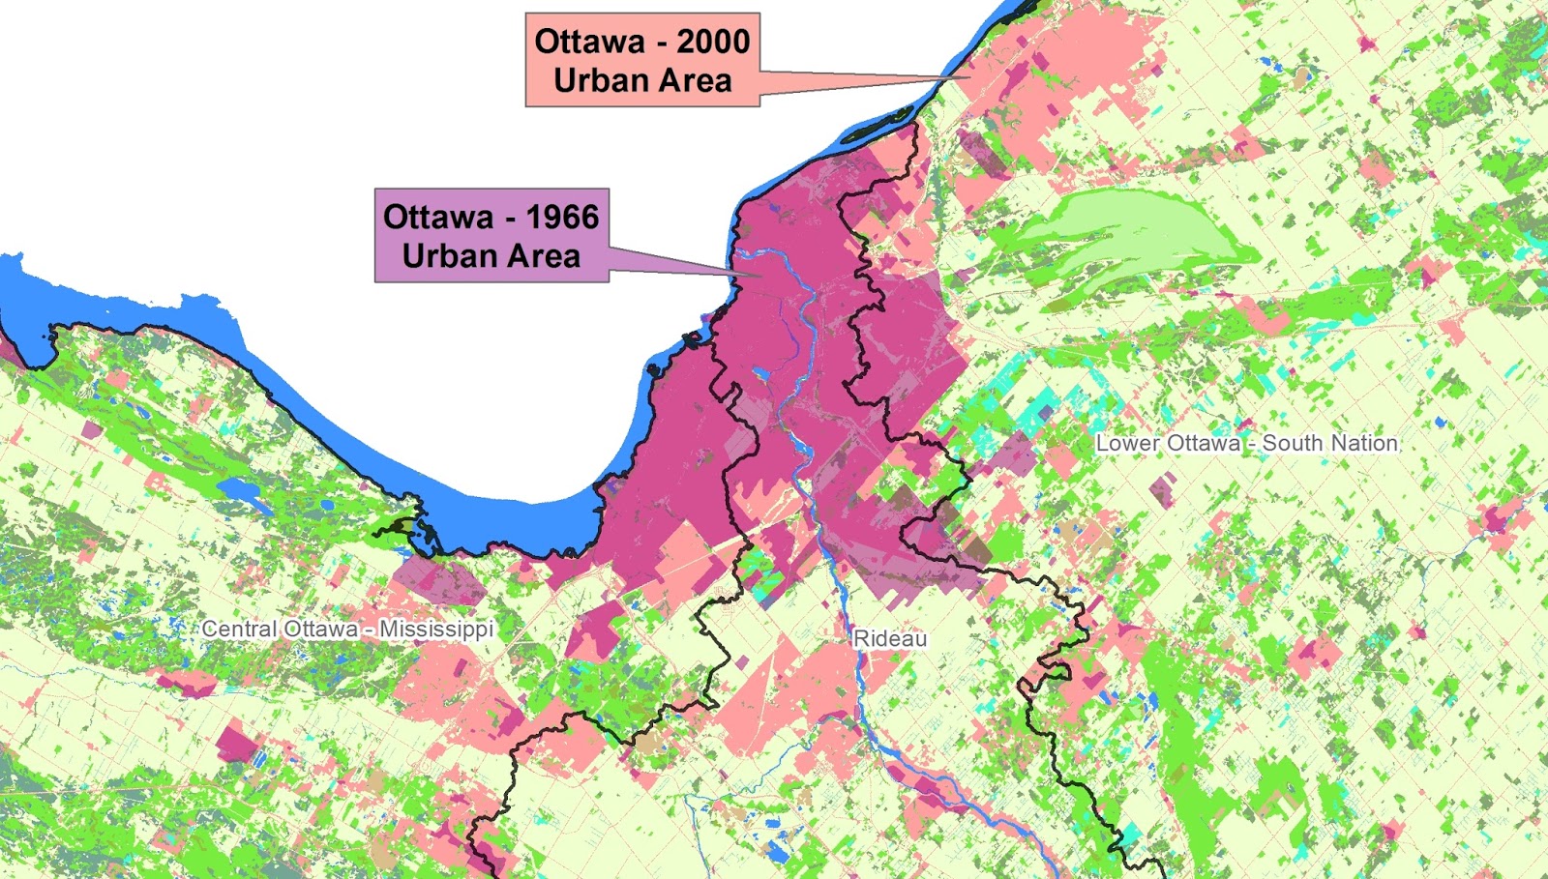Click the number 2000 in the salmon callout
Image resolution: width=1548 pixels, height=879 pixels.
713,42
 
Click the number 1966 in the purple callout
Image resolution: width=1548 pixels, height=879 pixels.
562,217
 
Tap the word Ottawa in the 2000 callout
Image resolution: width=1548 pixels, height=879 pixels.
589,42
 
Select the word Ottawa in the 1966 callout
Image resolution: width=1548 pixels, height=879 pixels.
438,217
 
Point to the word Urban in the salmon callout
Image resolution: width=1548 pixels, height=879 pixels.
600,80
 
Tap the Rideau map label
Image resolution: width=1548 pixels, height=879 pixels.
890,638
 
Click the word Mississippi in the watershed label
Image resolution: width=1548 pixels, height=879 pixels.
436,629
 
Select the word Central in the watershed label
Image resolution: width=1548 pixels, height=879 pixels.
239,629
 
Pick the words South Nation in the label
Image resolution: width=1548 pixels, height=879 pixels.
1330,443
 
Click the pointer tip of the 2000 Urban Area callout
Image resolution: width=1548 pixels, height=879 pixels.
967,76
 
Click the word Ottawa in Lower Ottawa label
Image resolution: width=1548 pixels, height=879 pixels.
1201,443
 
